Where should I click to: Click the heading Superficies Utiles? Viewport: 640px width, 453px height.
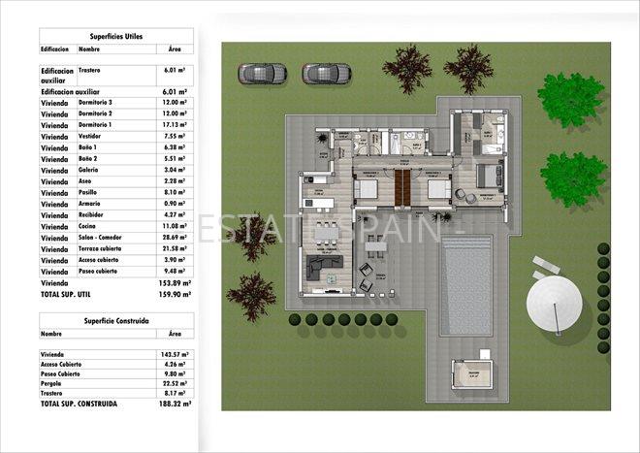pyautogui.click(x=115, y=35)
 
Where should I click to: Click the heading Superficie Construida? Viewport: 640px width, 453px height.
pyautogui.click(x=115, y=319)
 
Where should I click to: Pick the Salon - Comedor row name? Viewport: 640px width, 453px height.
pyautogui.click(x=102, y=237)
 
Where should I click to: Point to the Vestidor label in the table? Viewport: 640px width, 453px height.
pyautogui.click(x=91, y=137)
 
